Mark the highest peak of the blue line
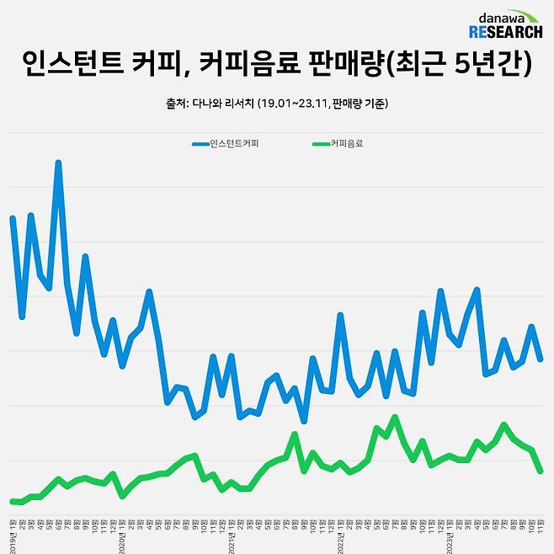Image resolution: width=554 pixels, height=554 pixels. pos(58,162)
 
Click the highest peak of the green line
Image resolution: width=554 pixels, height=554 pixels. pos(395,417)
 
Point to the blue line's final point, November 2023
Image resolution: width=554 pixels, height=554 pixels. pos(541,360)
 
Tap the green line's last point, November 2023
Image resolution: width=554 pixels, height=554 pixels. pos(541,471)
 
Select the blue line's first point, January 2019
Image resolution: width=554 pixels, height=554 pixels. pos(13,217)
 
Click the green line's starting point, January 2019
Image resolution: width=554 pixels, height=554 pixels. pos(13,502)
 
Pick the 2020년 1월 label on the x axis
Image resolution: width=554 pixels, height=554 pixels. pos(123,539)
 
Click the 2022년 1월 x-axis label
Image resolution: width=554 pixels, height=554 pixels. pos(341,539)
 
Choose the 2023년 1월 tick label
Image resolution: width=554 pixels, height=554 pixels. pos(450,539)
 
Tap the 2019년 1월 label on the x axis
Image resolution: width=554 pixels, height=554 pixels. pos(13,539)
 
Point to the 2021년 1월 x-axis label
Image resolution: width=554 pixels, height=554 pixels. pos(232,539)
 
